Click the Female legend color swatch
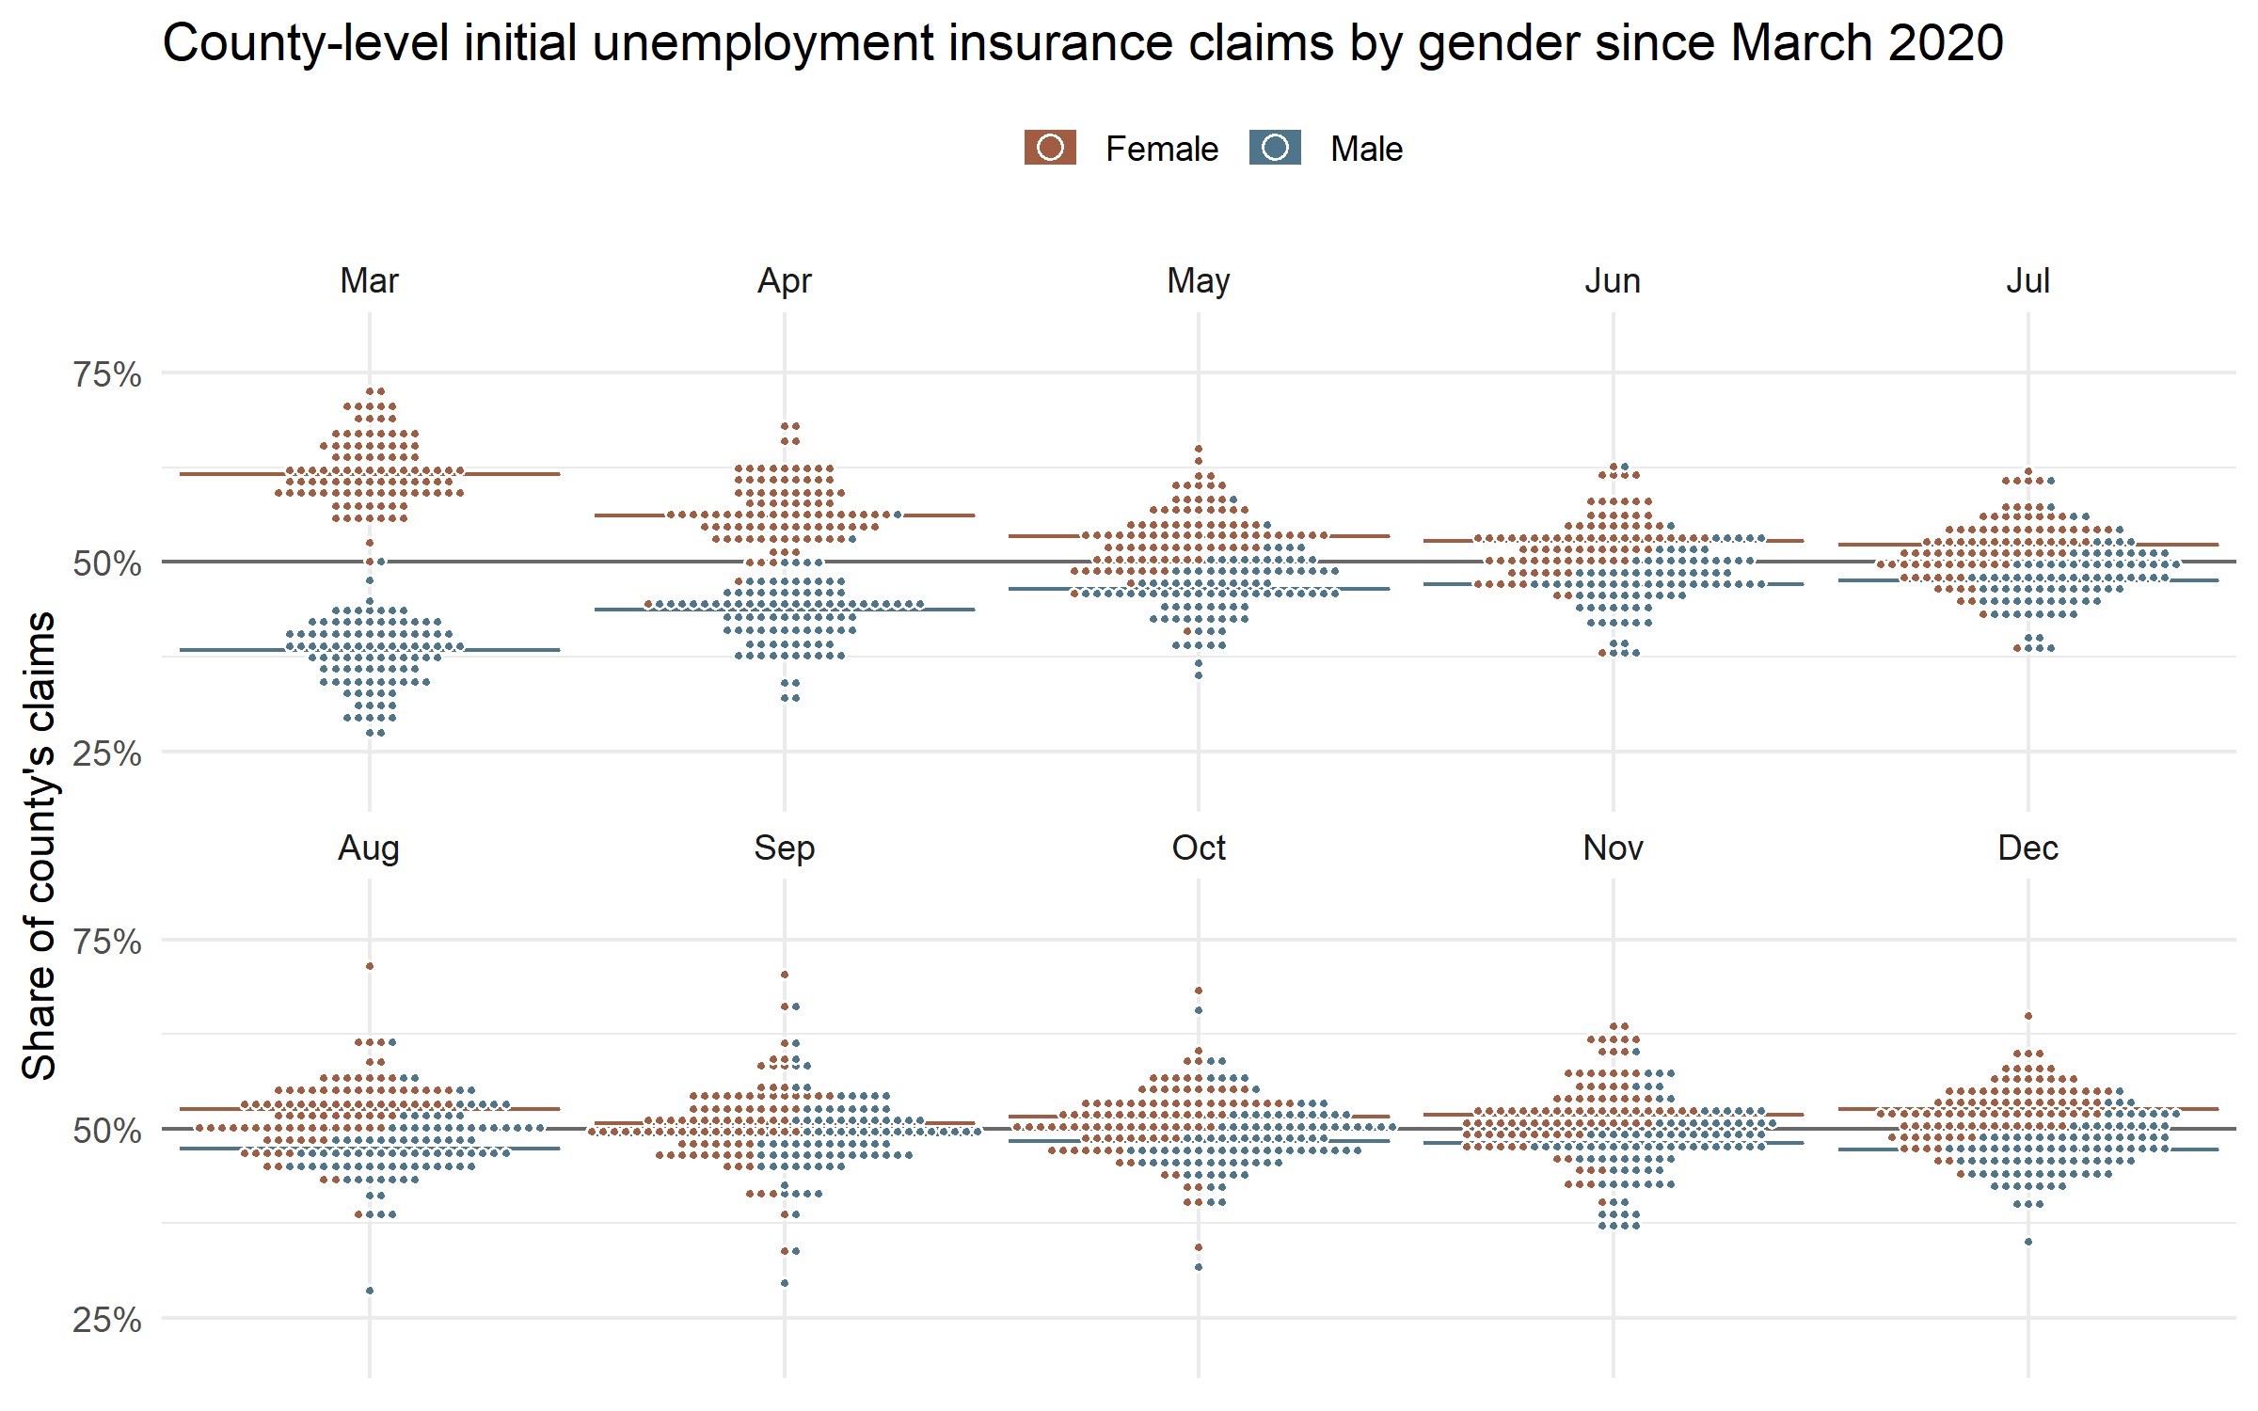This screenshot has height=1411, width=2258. (x=1050, y=148)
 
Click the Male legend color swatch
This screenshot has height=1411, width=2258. (x=1275, y=148)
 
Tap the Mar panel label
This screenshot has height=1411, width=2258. (x=369, y=280)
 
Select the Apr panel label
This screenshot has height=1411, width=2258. (x=784, y=280)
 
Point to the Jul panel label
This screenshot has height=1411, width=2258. (x=2027, y=280)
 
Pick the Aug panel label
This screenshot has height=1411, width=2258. (x=369, y=848)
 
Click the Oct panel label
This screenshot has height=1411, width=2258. (x=1198, y=848)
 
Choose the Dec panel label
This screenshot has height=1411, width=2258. (x=2027, y=848)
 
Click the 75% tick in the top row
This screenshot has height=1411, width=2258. (x=107, y=374)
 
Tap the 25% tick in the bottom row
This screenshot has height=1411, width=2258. (x=107, y=1320)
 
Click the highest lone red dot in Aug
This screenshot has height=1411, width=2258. (x=370, y=966)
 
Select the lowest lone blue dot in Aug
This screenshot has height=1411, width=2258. (x=370, y=1291)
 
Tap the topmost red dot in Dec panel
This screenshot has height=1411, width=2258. (x=2028, y=1016)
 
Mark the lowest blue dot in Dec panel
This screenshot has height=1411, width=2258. (x=2028, y=1242)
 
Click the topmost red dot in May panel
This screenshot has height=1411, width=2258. (x=1199, y=450)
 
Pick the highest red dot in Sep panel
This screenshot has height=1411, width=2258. (x=785, y=975)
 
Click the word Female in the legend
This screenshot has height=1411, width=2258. (x=1161, y=149)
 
